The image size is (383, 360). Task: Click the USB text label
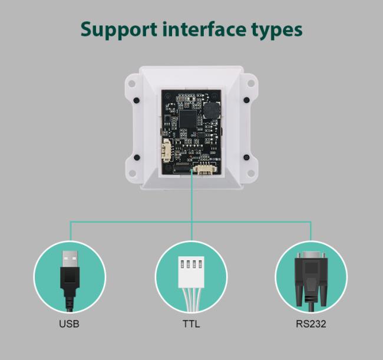(x=69, y=324)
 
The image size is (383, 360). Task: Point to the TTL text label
(x=191, y=324)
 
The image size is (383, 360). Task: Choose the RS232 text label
(x=311, y=324)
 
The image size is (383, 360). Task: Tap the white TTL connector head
(x=191, y=266)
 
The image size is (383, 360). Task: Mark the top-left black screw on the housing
(x=136, y=101)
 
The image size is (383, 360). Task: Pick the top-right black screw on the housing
(x=246, y=101)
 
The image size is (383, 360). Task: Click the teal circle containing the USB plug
(x=69, y=276)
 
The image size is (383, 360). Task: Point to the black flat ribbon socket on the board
(x=182, y=170)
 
